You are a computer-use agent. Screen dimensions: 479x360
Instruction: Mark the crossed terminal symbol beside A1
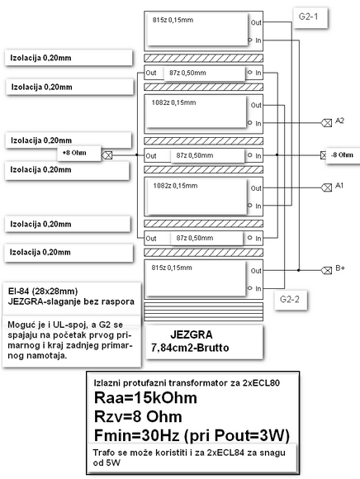(x=325, y=187)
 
